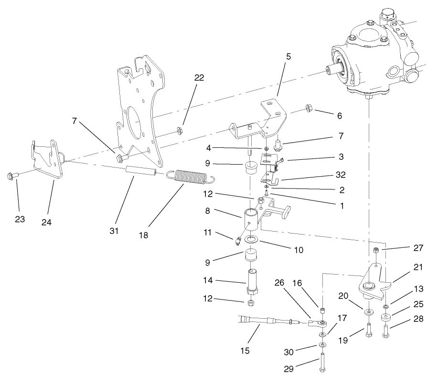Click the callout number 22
[x=199, y=78]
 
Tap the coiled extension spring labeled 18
[x=191, y=177]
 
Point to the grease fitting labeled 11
[x=237, y=241]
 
